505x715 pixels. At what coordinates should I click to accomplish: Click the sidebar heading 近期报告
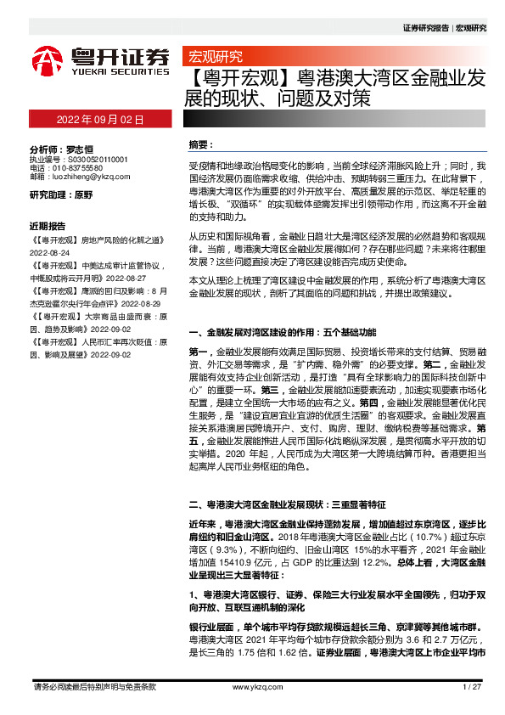pos(48,227)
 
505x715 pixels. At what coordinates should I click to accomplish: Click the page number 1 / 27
pos(473,686)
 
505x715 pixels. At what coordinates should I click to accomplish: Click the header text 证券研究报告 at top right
pos(426,27)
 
